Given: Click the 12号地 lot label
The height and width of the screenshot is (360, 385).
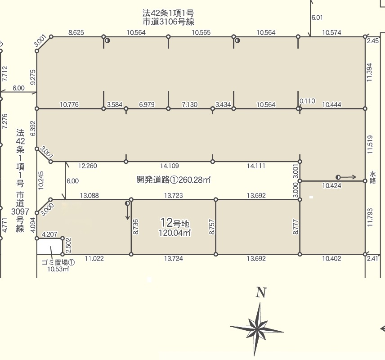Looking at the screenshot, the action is pyautogui.click(x=175, y=223).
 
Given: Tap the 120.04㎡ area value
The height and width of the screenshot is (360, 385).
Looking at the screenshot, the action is pyautogui.click(x=175, y=233).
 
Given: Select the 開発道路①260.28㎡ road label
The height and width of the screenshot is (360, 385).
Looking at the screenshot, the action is pyautogui.click(x=173, y=180).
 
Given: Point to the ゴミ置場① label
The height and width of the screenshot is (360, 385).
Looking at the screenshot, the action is pyautogui.click(x=58, y=262).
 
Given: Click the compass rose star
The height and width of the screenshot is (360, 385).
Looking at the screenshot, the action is pyautogui.click(x=257, y=329).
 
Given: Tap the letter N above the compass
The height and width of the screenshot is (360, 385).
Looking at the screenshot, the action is pyautogui.click(x=261, y=292).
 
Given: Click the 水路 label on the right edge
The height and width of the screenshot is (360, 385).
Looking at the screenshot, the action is pyautogui.click(x=372, y=178).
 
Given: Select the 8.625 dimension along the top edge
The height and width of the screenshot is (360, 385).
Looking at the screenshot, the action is pyautogui.click(x=76, y=32).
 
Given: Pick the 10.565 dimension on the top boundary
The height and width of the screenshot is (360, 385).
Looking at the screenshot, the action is pyautogui.click(x=201, y=32).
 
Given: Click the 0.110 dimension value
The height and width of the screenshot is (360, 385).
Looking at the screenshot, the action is pyautogui.click(x=307, y=101).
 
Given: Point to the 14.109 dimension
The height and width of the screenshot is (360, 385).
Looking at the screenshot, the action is pyautogui.click(x=170, y=166).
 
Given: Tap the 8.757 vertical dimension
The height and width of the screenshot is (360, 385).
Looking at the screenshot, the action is pyautogui.click(x=212, y=227).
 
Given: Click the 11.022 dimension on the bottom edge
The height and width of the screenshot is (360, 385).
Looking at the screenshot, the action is pyautogui.click(x=94, y=258).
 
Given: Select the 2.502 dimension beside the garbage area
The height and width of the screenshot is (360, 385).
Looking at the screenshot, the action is pyautogui.click(x=68, y=245).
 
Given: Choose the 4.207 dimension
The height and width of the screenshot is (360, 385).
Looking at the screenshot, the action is pyautogui.click(x=49, y=234).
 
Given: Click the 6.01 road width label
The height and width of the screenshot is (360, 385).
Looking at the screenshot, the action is pyautogui.click(x=317, y=18).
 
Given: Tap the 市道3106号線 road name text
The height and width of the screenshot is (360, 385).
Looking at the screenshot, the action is pyautogui.click(x=168, y=22).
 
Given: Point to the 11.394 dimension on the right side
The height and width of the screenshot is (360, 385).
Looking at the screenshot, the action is pyautogui.click(x=370, y=72).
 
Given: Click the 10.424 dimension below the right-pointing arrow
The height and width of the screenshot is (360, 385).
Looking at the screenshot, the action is pyautogui.click(x=332, y=185).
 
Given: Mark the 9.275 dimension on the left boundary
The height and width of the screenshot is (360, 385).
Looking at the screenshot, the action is pyautogui.click(x=33, y=77).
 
